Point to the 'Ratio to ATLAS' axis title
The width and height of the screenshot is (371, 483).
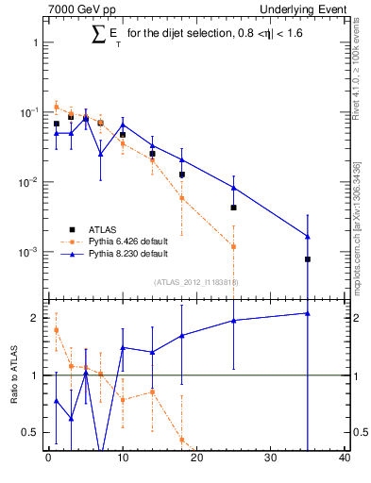[14, 375]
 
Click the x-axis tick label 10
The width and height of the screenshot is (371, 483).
[123, 459]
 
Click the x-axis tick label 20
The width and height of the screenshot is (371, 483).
[196, 459]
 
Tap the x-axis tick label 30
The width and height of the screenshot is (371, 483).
[270, 459]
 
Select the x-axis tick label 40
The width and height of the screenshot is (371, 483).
[345, 459]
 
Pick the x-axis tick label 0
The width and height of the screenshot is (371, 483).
[48, 459]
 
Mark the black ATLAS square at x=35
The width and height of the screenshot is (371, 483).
[308, 258]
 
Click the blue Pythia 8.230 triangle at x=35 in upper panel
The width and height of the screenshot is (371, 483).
[308, 236]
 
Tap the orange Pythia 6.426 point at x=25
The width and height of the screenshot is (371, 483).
[233, 246]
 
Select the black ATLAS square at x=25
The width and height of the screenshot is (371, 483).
[233, 208]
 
